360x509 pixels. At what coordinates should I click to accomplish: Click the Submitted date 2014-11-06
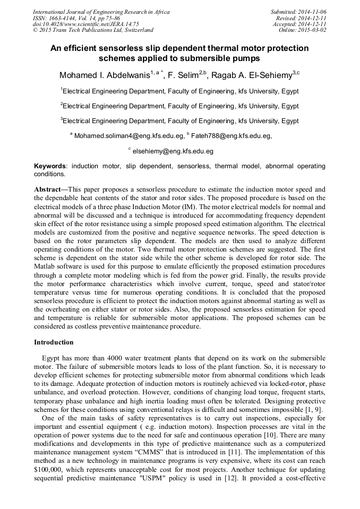point(313,11)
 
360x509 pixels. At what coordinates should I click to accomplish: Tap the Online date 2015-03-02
point(313,30)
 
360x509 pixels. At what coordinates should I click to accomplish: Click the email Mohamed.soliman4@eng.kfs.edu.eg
point(129,136)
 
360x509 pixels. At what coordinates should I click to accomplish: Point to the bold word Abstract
point(47,189)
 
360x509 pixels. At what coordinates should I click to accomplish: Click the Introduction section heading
point(54,342)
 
